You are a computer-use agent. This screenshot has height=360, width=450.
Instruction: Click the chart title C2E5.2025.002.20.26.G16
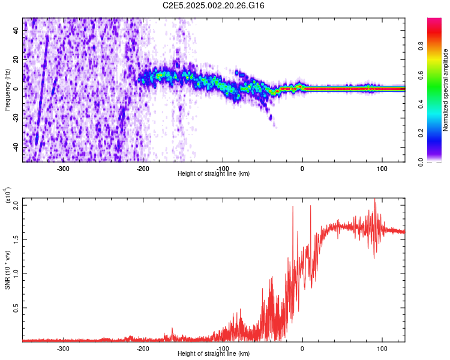point(214,5)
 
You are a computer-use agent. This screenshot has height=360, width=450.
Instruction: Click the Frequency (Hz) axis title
point(8,89)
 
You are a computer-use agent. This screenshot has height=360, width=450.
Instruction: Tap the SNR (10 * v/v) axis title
point(8,269)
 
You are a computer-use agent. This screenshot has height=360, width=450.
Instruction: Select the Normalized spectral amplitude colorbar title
point(445,90)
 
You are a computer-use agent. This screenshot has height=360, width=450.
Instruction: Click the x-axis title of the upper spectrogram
point(214,173)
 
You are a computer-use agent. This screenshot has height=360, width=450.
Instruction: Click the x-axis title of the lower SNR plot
point(214,353)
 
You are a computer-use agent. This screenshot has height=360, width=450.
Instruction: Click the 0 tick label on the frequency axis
point(17,89)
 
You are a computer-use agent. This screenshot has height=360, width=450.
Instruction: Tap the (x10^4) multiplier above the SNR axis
point(8,195)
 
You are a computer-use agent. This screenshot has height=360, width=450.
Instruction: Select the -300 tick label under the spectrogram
point(64,167)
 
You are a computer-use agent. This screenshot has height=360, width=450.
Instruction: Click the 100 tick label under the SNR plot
point(382,347)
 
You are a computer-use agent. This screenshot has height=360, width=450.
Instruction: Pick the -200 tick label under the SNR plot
point(143,347)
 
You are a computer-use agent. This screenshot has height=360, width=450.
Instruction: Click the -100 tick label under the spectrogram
point(223,167)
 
